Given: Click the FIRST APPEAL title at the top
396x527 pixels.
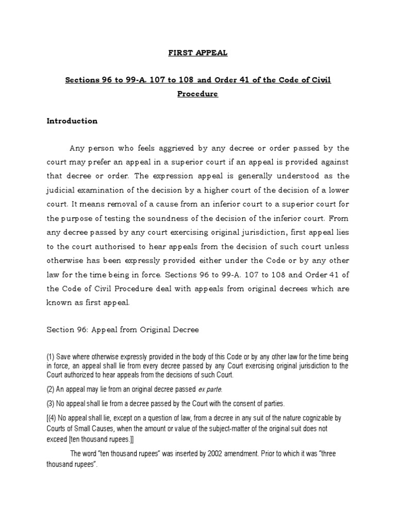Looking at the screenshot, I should coord(198,52).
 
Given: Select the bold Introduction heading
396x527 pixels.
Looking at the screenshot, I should coord(72,121).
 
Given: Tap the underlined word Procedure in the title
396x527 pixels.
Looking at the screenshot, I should coord(198,94).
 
